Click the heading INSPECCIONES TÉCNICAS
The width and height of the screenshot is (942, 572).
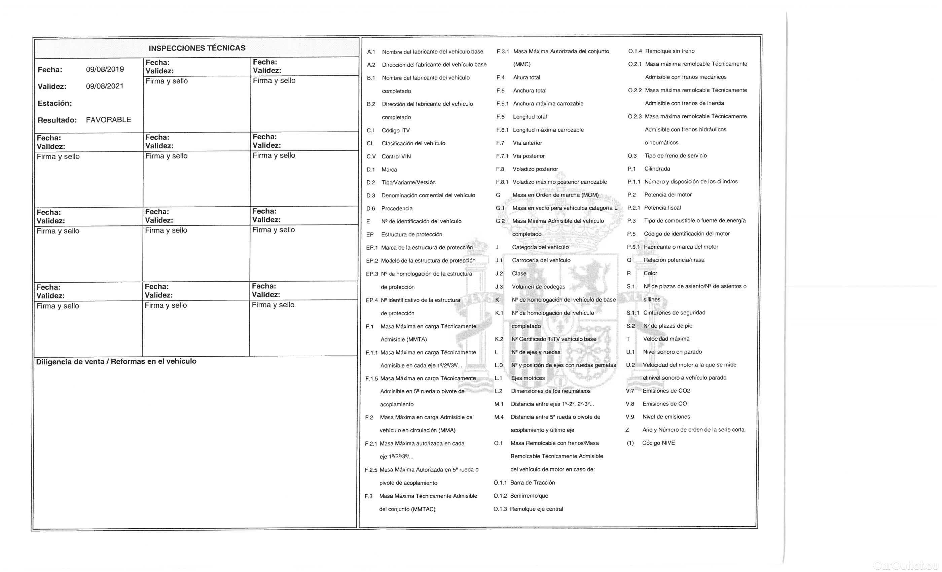coord(197,48)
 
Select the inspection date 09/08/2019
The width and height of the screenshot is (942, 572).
coord(105,69)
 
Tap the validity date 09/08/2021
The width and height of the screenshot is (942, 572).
coord(105,86)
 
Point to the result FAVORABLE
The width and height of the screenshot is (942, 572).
coord(108,120)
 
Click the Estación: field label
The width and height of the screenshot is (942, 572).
coord(55,103)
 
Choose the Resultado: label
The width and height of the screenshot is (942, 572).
coord(57,120)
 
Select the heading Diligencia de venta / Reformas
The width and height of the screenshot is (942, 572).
coord(116,361)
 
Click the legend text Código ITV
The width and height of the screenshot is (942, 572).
coord(395,131)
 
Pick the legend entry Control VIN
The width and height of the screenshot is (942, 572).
coord(396,156)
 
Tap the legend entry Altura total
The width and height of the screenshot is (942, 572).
coord(527,78)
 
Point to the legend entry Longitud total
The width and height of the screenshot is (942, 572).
coord(530,117)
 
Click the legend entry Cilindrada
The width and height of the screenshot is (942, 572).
coord(657,169)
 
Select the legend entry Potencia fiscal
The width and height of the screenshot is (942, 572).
coord(662,208)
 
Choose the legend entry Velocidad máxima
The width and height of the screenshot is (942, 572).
coord(666,339)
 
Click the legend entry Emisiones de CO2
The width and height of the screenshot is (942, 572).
coord(666,391)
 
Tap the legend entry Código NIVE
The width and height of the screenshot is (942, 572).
coord(658,443)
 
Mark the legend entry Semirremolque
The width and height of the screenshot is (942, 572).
coord(529,496)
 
